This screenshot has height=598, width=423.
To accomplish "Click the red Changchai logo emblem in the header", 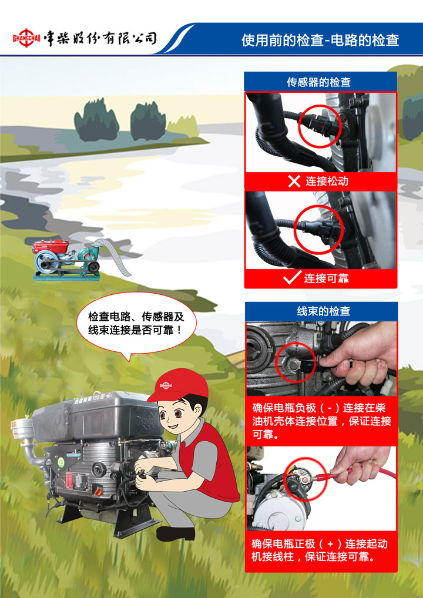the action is tap(26, 38).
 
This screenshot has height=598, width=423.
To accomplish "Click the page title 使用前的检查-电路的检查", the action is tap(320, 40).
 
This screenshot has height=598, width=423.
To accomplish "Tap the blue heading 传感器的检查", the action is tap(319, 82).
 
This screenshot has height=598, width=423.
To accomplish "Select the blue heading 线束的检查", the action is tap(324, 311).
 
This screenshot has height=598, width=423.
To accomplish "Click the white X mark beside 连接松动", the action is tap(294, 181).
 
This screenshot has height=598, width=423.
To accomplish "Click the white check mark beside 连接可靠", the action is tap(292, 278).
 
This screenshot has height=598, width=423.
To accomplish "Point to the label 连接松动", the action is tap(327, 181).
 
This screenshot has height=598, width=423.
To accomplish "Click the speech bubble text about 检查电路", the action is tap(136, 323).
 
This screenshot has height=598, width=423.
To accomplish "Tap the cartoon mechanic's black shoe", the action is tap(176, 533).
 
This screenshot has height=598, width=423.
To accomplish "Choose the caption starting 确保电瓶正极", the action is tap(320, 550).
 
